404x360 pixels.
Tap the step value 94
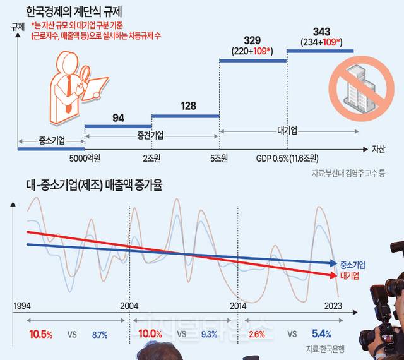coord(118,117)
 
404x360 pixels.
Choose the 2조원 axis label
coord(152,159)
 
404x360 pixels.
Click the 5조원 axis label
coord(218,159)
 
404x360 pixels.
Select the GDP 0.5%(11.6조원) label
coord(288,159)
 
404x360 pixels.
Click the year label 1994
coord(22,289)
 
